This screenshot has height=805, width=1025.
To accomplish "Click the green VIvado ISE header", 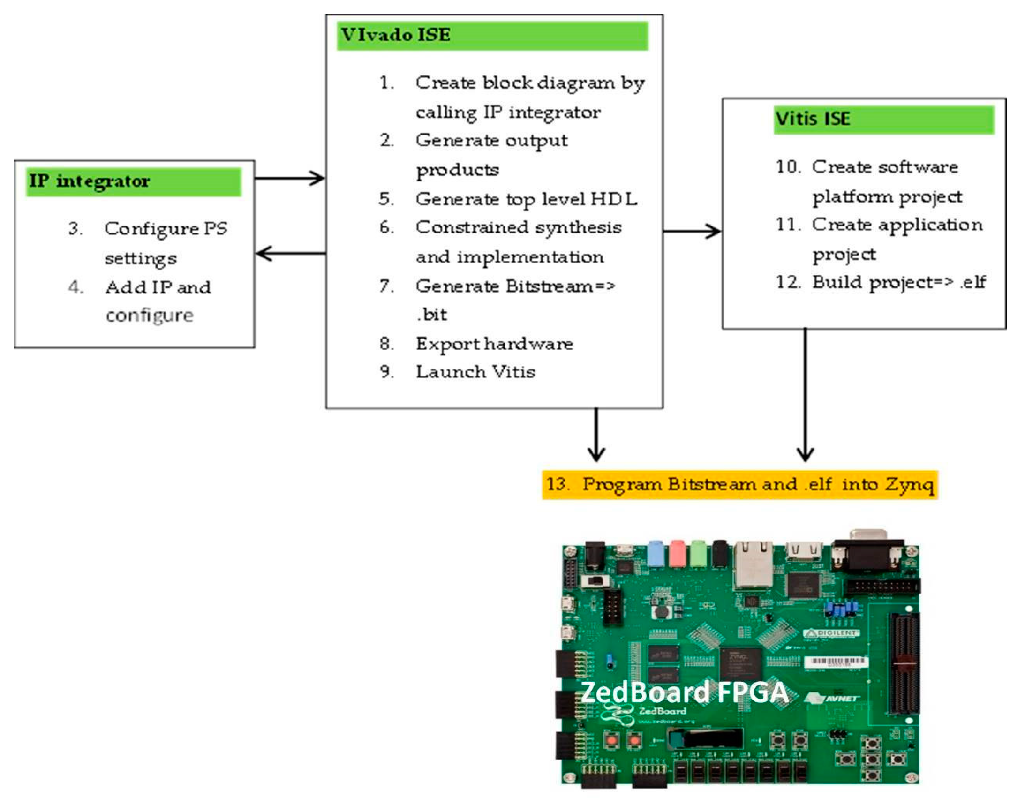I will [492, 35].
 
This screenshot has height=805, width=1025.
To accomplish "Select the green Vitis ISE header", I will [883, 119].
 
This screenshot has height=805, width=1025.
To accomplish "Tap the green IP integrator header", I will [133, 181].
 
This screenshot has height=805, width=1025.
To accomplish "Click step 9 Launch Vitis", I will [475, 372].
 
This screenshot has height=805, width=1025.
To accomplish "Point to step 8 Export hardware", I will [494, 344].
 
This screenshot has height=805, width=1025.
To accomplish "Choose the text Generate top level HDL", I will [526, 199].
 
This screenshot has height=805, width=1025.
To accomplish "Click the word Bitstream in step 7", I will [550, 286].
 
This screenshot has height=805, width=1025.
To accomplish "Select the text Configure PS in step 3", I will [166, 229].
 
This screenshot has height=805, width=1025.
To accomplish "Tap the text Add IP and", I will [158, 287].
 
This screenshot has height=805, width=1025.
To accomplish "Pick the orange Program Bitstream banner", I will [739, 484].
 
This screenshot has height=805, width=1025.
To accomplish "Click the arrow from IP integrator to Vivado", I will [289, 178].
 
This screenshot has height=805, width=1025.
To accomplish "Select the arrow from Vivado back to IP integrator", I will [290, 254].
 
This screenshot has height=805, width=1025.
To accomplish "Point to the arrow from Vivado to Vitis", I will [692, 231].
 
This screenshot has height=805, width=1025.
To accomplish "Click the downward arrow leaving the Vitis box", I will [805, 396].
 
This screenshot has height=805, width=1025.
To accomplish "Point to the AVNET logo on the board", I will [834, 698].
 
